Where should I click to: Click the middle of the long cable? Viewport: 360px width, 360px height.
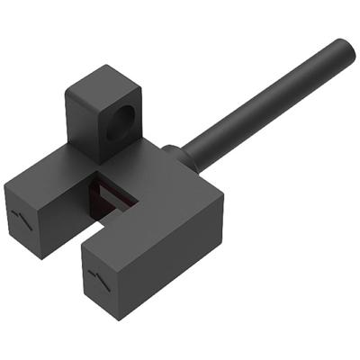click(x=270, y=103)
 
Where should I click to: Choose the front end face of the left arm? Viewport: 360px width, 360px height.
click(x=31, y=216)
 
